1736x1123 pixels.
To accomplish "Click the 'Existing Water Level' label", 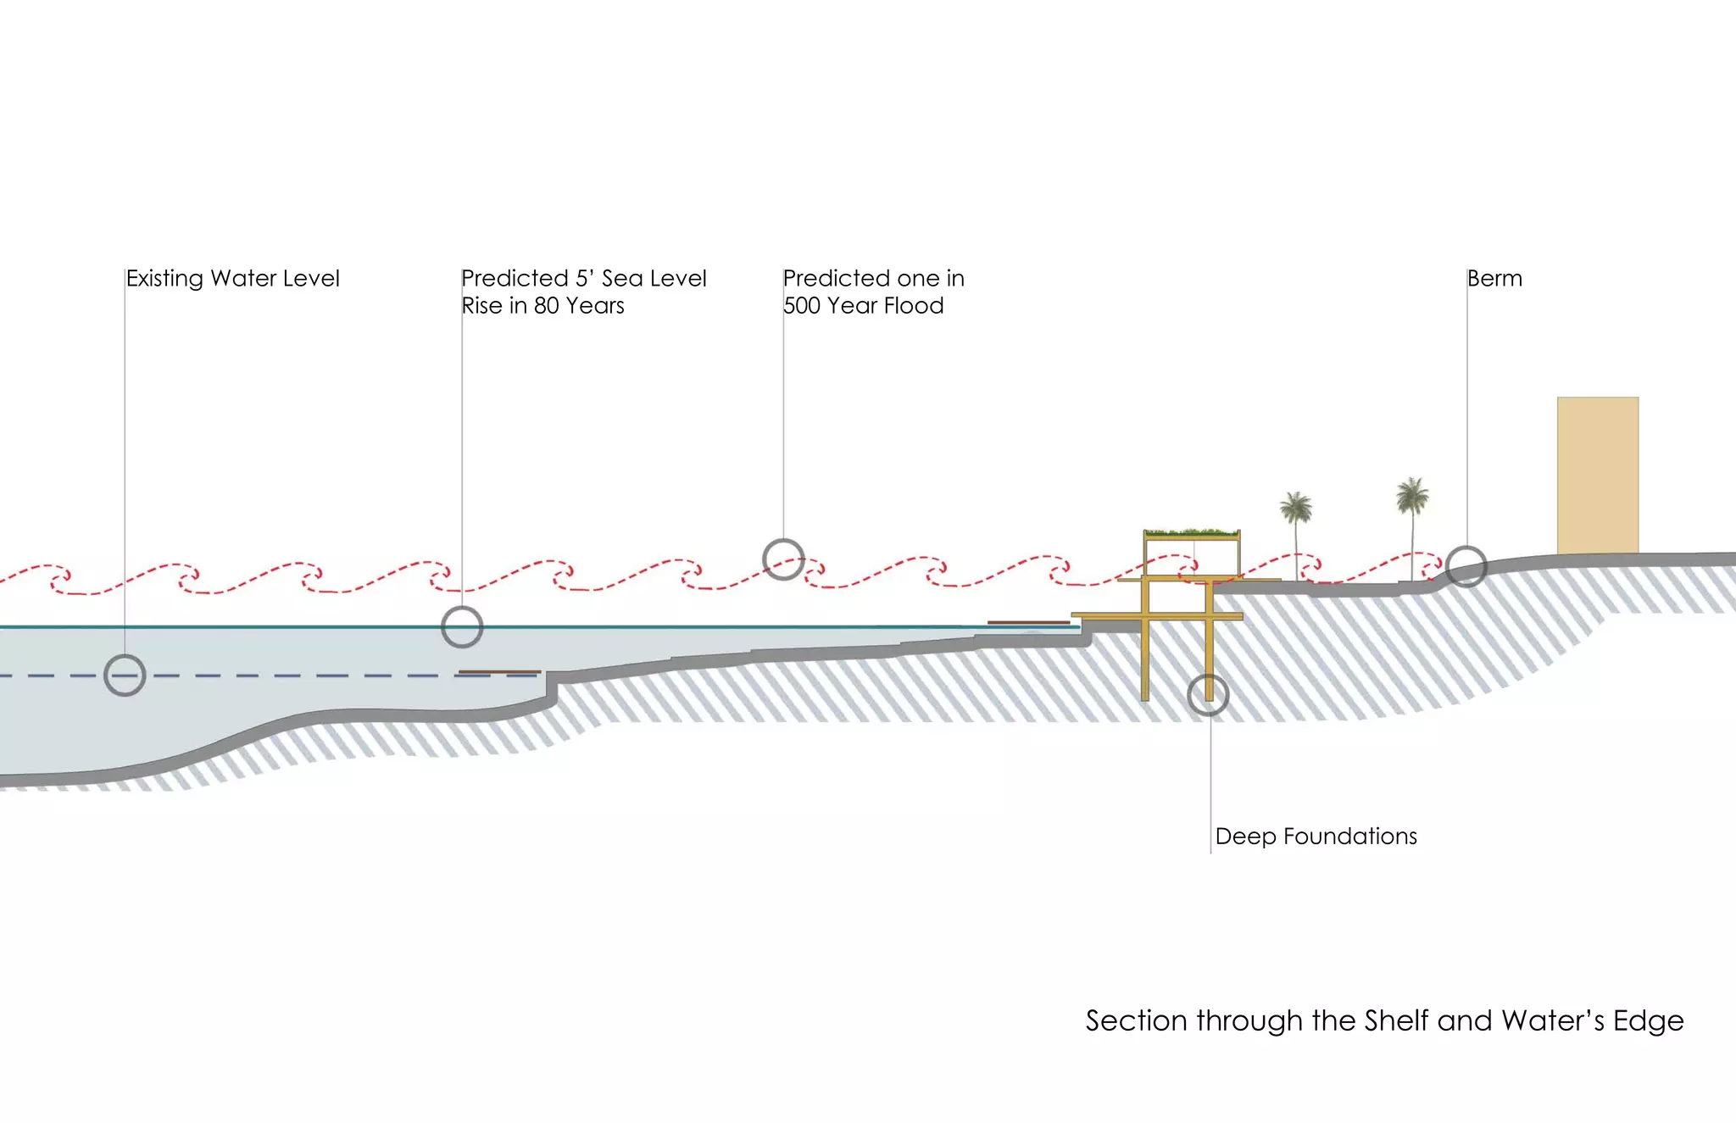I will pyautogui.click(x=232, y=279).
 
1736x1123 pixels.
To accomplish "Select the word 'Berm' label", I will pyautogui.click(x=1494, y=279).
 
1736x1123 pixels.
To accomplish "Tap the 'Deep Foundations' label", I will pyautogui.click(x=1316, y=837).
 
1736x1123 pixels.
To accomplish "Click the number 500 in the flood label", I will pyautogui.click(x=801, y=306).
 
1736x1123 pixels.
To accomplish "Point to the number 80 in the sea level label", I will pyautogui.click(x=546, y=306).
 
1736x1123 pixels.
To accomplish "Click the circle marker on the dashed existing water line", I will pyautogui.click(x=125, y=675).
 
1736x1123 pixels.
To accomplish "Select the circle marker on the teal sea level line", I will pyautogui.click(x=462, y=627).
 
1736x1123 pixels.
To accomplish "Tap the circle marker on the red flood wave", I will pyautogui.click(x=783, y=559).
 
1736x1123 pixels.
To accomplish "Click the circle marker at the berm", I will pyautogui.click(x=1466, y=566).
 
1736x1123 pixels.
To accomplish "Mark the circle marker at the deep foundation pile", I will pyautogui.click(x=1208, y=695).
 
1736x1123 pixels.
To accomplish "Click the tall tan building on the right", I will pyautogui.click(x=1597, y=475).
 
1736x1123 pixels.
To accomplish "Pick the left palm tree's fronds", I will pyautogui.click(x=1296, y=508).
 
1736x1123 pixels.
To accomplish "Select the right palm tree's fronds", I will pyautogui.click(x=1412, y=495).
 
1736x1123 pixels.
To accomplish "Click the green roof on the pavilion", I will pyautogui.click(x=1191, y=533).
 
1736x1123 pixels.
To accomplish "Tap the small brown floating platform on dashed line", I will pyautogui.click(x=499, y=672).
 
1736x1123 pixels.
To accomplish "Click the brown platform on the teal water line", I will pyautogui.click(x=1028, y=622).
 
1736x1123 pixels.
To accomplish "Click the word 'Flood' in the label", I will pyautogui.click(x=913, y=306).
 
